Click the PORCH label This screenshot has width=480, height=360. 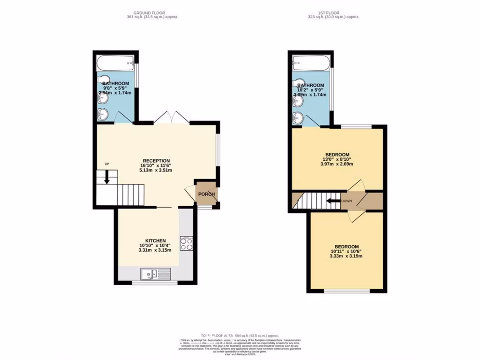pyautogui.click(x=206, y=194)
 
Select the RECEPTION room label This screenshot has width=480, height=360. pyautogui.click(x=156, y=161)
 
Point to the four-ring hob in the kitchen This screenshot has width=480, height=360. pyautogui.click(x=187, y=244)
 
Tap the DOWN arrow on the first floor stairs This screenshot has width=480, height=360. pyautogui.click(x=333, y=201)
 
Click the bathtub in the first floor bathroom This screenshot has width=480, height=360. pyautogui.click(x=311, y=62)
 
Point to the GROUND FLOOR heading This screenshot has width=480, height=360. pyautogui.click(x=149, y=13)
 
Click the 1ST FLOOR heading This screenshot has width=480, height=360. pyautogui.click(x=333, y=13)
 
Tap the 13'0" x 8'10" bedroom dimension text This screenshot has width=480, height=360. pyautogui.click(x=337, y=159)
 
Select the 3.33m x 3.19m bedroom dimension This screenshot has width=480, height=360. pyautogui.click(x=346, y=256)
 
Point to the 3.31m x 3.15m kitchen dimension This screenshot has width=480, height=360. pyautogui.click(x=155, y=250)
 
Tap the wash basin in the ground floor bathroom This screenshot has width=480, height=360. pyautogui.click(x=103, y=113)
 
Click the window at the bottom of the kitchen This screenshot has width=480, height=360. pyautogui.click(x=155, y=283)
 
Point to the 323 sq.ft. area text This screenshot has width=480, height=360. pyautogui.click(x=333, y=17)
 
